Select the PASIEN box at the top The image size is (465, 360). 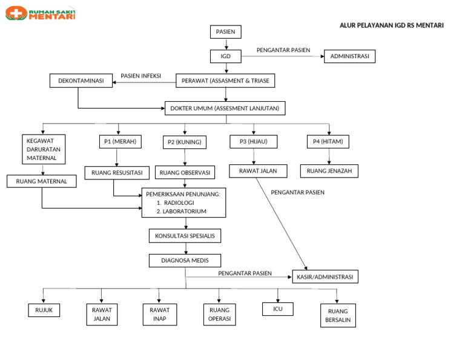click(226, 32)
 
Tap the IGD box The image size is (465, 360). click(226, 56)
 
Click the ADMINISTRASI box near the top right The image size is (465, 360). click(350, 56)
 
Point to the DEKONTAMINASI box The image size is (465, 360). click(81, 81)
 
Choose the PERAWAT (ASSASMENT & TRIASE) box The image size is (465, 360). click(225, 81)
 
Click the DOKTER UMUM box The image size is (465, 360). click(225, 108)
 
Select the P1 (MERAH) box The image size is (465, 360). click(120, 142)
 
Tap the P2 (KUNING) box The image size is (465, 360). click(185, 142)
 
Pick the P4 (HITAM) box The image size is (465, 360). click(328, 142)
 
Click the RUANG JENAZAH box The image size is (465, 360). click(329, 171)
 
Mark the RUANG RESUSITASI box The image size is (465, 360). click(117, 173)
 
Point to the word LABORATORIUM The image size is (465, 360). click(184, 212)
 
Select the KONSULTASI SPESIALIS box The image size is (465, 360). click(185, 235)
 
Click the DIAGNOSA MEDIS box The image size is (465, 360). click(185, 260)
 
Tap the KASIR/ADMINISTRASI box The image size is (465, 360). click(325, 277)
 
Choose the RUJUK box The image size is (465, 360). click(44, 310)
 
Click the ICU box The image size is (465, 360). click(278, 309)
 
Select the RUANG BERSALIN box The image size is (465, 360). click(338, 316)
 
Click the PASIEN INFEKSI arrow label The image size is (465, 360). click(140, 76)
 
